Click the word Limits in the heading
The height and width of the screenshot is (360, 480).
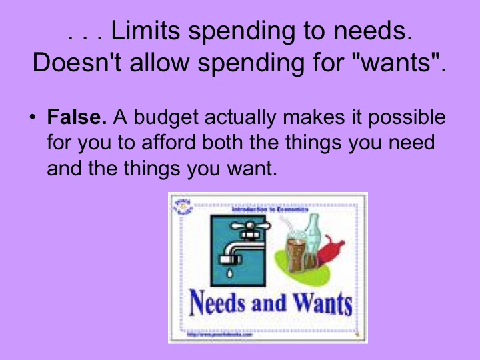tap(146, 31)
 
